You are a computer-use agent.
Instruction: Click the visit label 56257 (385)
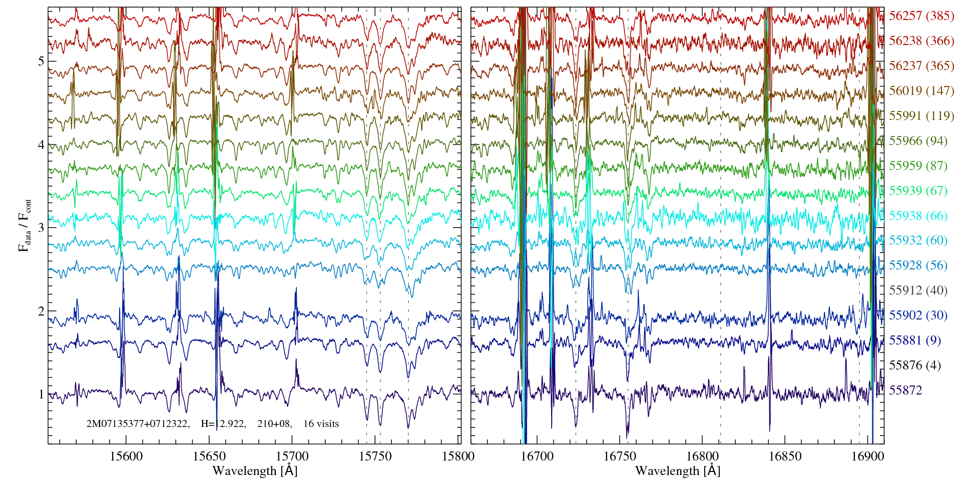point(921,16)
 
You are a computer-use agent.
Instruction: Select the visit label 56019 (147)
point(921,91)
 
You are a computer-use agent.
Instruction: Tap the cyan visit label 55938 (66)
point(918,216)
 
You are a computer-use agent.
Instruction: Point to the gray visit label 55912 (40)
point(918,290)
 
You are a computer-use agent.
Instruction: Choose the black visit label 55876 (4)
point(914,365)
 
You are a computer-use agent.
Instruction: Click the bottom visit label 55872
point(905,390)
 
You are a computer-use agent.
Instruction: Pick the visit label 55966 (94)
point(918,141)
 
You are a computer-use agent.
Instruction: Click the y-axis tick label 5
point(41,61)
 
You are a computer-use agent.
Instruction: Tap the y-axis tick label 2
point(41,311)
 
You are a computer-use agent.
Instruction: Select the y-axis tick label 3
point(41,228)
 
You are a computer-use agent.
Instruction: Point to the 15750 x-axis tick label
point(376,456)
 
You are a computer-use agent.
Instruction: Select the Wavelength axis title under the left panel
point(254,470)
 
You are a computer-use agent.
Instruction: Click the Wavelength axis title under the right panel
point(677,470)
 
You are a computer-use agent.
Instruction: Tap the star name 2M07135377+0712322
point(138,423)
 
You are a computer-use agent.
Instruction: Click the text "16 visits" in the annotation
point(321,423)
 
